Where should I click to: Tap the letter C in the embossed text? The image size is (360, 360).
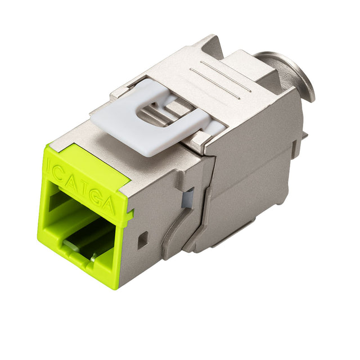point(63,170)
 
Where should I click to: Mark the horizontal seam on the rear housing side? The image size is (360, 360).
point(253,169)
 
